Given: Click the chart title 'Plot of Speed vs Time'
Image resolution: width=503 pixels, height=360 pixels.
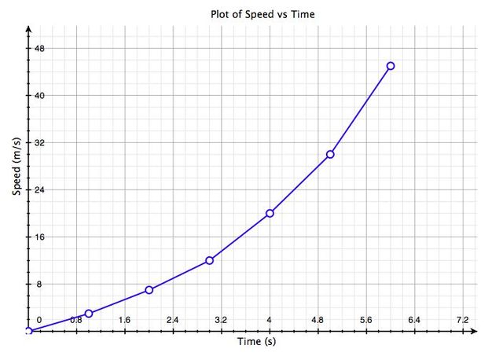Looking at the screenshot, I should pyautogui.click(x=251, y=14).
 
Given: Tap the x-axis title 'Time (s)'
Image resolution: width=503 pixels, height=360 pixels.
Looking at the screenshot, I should pyautogui.click(x=256, y=343).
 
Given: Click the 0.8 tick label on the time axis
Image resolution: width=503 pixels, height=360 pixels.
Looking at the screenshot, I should pyautogui.click(x=76, y=320).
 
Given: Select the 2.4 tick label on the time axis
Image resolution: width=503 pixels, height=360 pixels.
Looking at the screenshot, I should pyautogui.click(x=172, y=320).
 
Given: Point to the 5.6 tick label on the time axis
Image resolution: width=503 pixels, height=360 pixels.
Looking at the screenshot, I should pyautogui.click(x=365, y=320).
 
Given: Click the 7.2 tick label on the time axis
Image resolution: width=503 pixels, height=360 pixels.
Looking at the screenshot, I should pyautogui.click(x=462, y=320).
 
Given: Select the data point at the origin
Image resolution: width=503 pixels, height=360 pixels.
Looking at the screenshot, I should pyautogui.click(x=28, y=332).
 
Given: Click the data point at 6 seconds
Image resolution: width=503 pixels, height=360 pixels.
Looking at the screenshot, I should pyautogui.click(x=391, y=66).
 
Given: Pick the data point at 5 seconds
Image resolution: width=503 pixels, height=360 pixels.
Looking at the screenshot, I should pyautogui.click(x=330, y=154).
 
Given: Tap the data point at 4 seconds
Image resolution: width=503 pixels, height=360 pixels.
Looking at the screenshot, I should pyautogui.click(x=270, y=213).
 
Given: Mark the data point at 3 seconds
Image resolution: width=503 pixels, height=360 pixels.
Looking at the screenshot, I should pyautogui.click(x=209, y=260).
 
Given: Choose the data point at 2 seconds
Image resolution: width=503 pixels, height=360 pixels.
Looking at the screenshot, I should pyautogui.click(x=149, y=290).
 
